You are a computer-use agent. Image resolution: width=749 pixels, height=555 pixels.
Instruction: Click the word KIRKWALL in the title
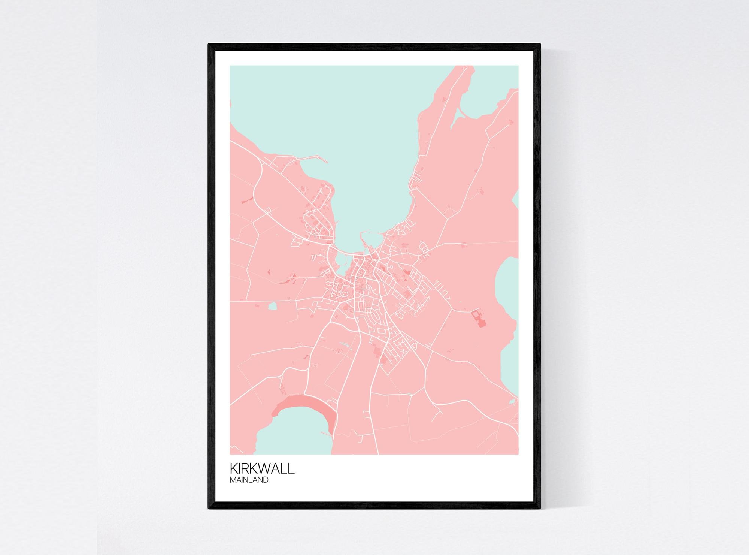(262, 469)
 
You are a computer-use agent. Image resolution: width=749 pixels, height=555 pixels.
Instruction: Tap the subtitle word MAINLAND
(249, 480)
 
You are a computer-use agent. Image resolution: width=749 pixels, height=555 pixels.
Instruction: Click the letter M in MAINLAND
(233, 480)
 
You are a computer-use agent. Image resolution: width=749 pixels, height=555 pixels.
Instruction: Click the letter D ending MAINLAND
(266, 480)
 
